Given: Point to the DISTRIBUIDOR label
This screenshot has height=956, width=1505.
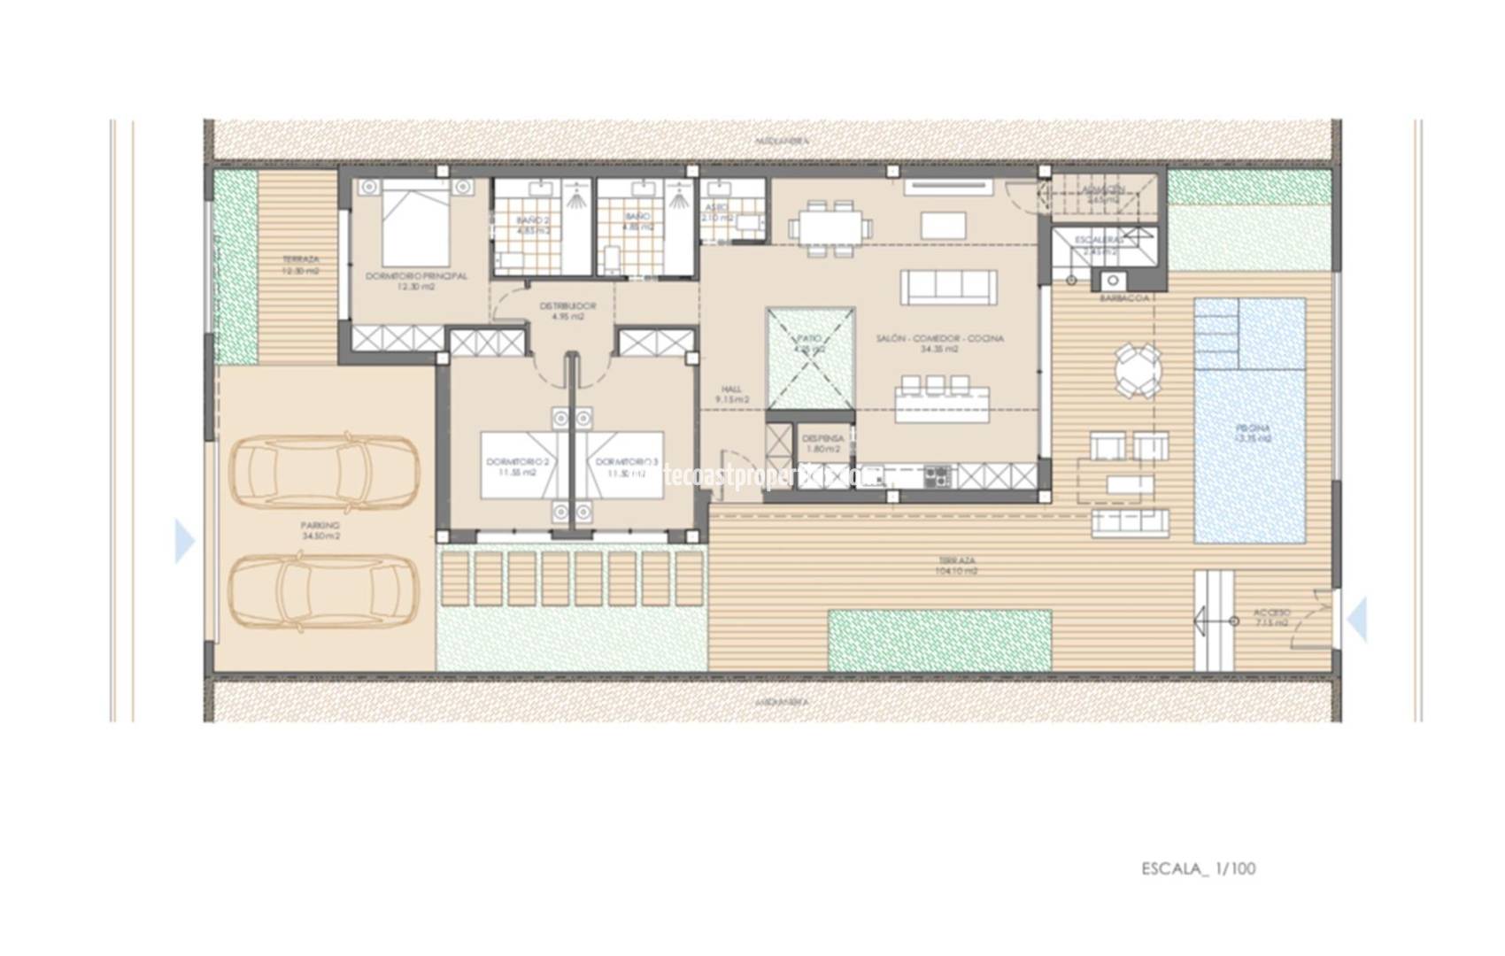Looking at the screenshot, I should pos(567,311).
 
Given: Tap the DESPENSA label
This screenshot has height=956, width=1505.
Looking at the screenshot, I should pos(822,443).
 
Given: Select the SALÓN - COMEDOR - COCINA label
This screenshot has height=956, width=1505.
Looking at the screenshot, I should pos(939,343).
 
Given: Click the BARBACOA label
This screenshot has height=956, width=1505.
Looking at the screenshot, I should pos(1123,298).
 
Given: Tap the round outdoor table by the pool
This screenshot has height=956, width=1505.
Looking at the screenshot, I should pos(1138,372).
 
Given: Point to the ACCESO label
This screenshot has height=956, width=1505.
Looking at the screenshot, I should pos(1272,618).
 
